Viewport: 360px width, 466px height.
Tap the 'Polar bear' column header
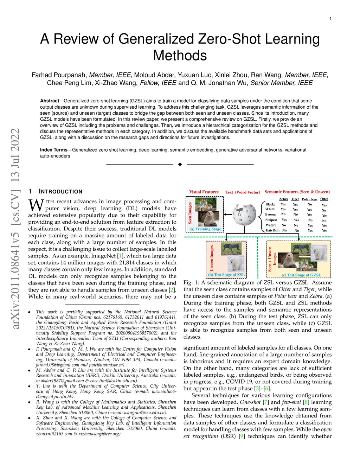coord(309,199)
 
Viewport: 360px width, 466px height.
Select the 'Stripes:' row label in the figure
coord(271,220)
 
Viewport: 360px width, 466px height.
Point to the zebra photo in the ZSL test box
coord(231,249)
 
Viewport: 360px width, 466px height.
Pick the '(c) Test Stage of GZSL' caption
coord(301,275)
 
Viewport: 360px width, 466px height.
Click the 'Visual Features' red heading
coord(204,192)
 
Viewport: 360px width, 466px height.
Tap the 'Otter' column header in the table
coord(324,199)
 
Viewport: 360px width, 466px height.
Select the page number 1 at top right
coord(330,18)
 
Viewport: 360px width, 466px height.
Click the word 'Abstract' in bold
coord(50,101)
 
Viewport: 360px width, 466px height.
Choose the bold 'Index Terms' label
coord(53,150)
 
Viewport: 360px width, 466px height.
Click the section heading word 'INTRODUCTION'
coord(60,192)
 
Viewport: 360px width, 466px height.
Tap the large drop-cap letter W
coord(36,205)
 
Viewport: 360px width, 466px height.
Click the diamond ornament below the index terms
coord(180,165)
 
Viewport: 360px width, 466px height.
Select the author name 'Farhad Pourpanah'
coord(59,75)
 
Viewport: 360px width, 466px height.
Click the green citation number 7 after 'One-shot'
coord(266,402)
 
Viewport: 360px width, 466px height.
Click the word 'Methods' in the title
coord(180,56)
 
